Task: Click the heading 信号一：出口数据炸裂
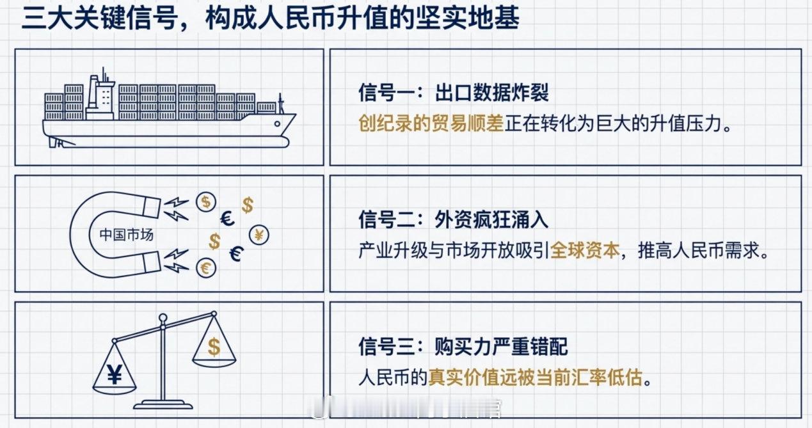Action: coord(453,93)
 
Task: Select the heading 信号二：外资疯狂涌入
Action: coord(453,220)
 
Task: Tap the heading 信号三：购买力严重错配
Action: coord(463,347)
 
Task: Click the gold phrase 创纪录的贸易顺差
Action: coord(431,123)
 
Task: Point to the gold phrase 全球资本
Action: coord(585,250)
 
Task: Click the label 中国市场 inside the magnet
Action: coord(127,235)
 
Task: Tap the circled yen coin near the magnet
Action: coord(260,234)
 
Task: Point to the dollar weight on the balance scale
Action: coord(213,347)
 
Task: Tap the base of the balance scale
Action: coord(163,404)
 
